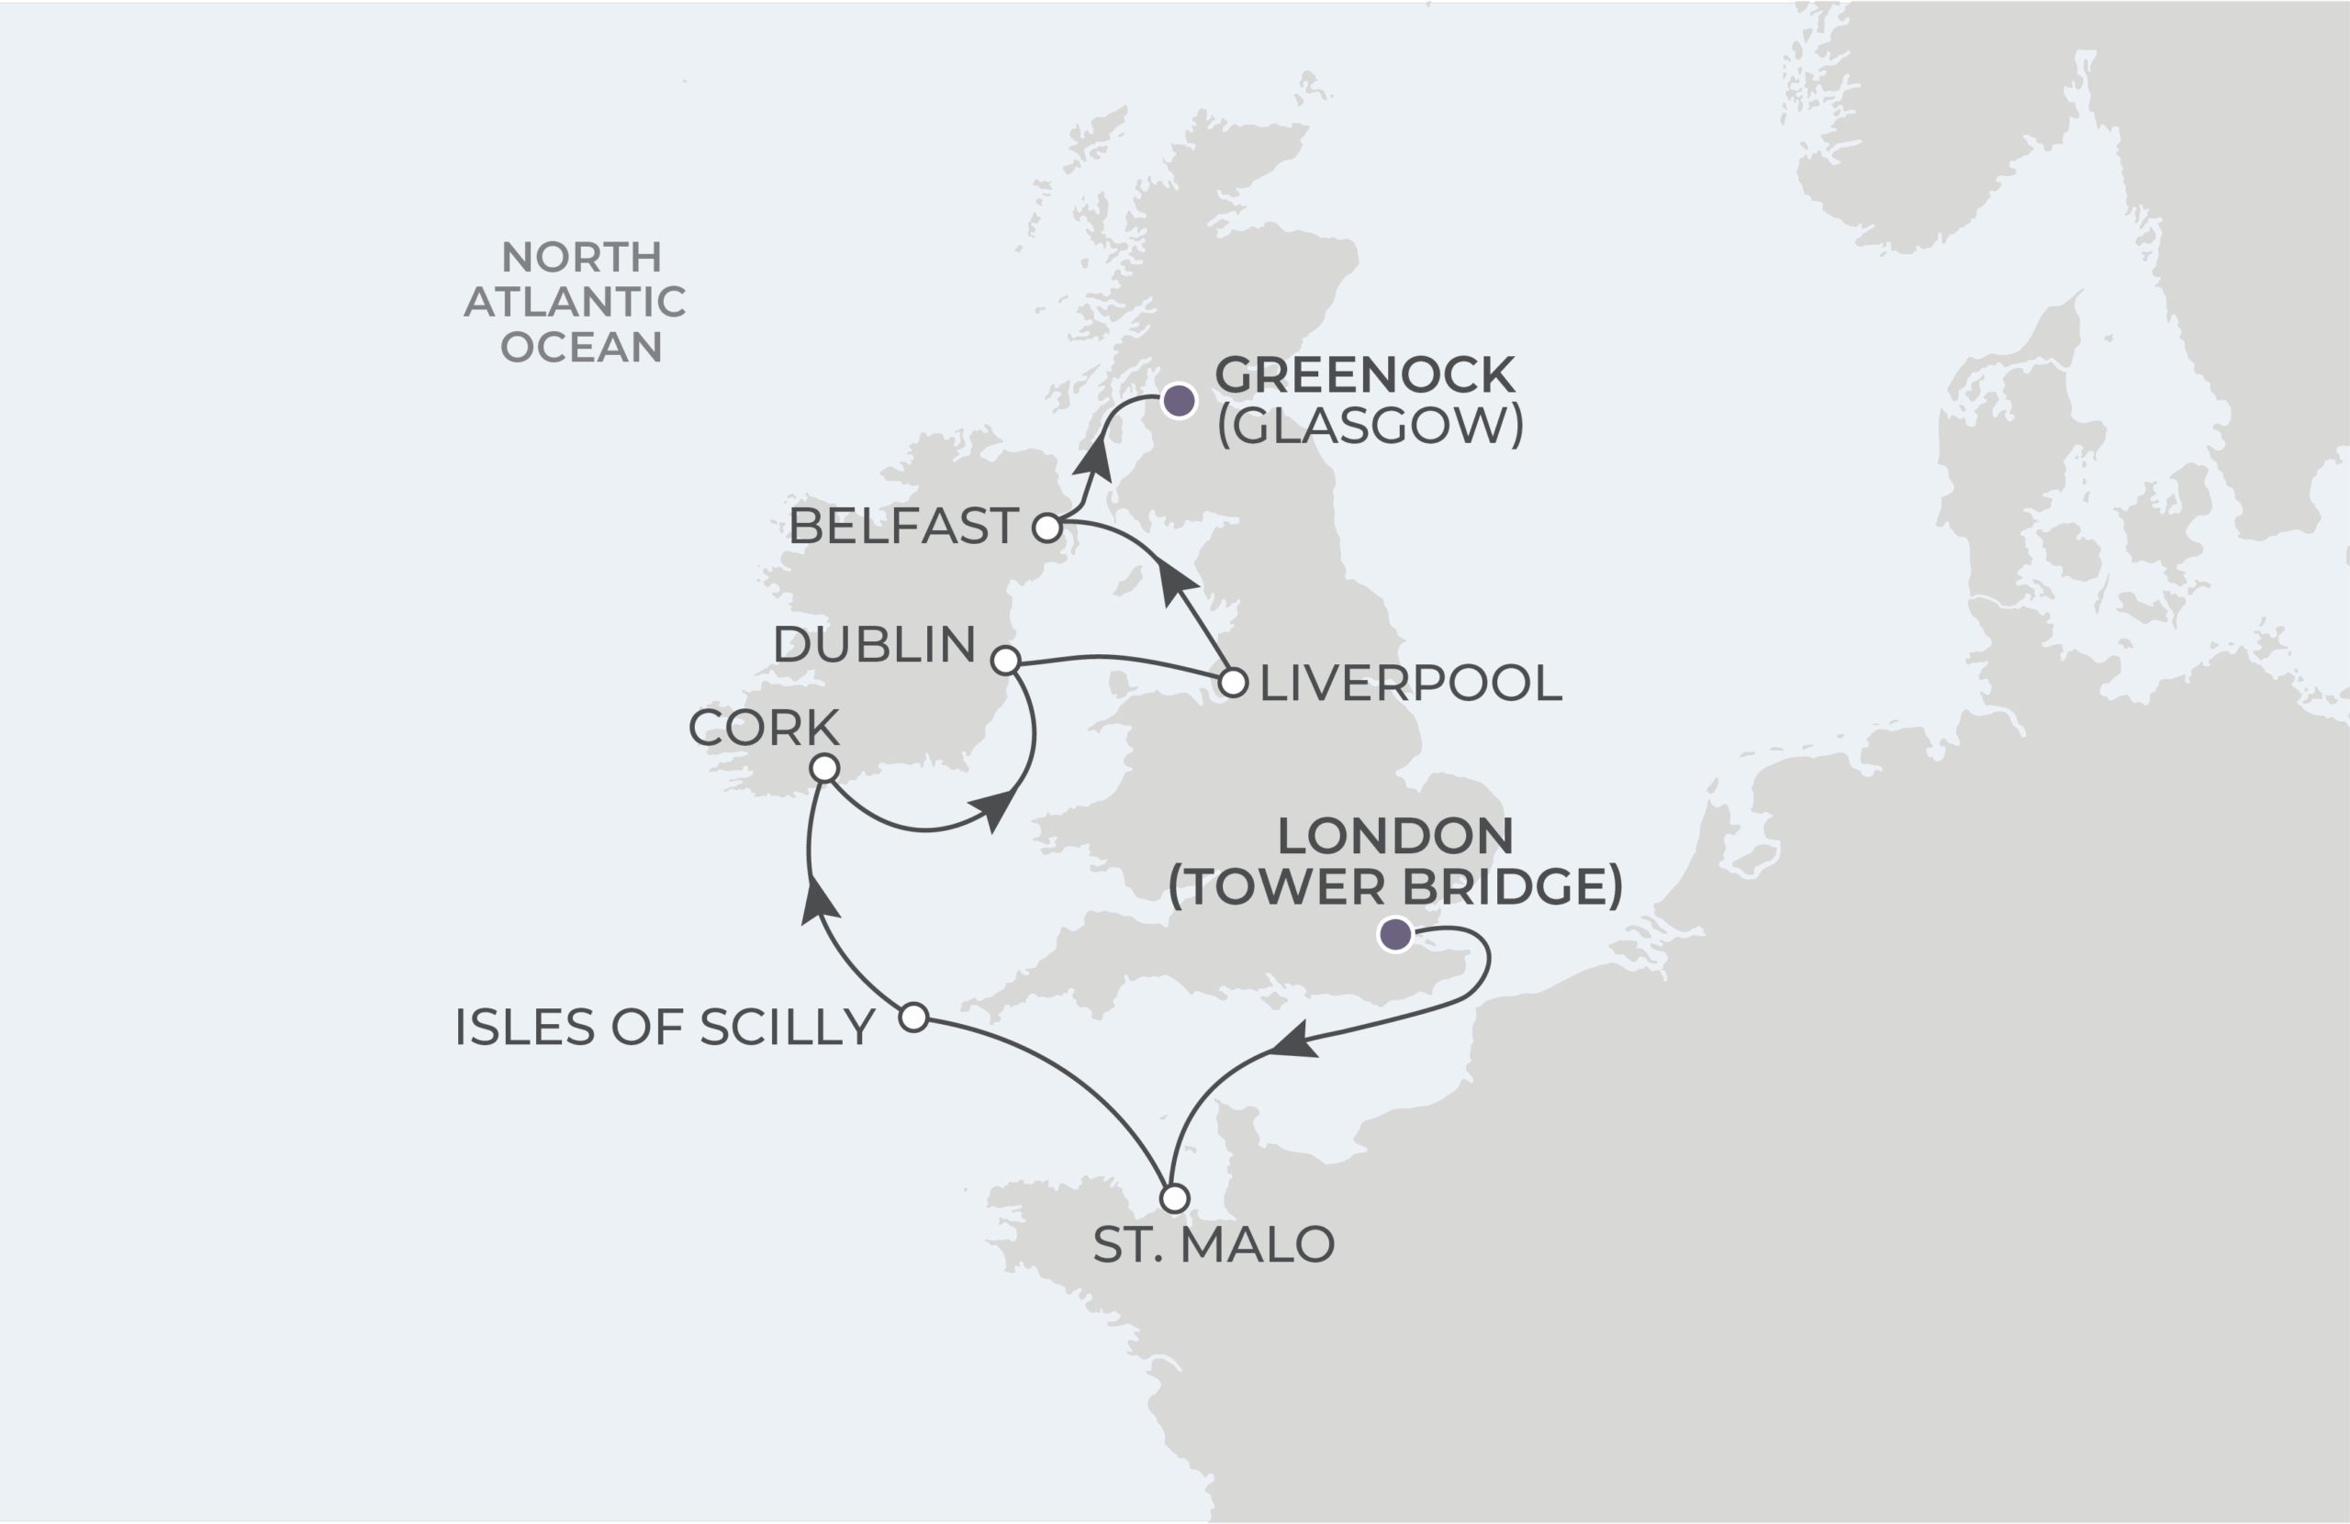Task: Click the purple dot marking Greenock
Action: [1179, 401]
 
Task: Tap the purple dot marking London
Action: [1395, 934]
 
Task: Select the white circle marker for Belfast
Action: [1046, 528]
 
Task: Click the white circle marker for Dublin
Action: [1005, 661]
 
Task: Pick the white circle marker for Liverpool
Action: [1233, 682]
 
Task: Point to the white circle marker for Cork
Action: [824, 768]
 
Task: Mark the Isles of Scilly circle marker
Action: [914, 1017]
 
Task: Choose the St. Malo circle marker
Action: [1174, 1198]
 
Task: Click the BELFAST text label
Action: [902, 526]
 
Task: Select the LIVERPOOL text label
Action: [1410, 683]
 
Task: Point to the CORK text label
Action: [763, 728]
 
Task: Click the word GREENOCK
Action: [1365, 375]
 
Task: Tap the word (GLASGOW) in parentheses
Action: [1371, 426]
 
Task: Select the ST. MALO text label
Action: [1214, 1245]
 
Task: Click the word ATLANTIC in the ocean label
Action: [575, 302]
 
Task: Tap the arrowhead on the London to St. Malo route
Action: [1293, 1041]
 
